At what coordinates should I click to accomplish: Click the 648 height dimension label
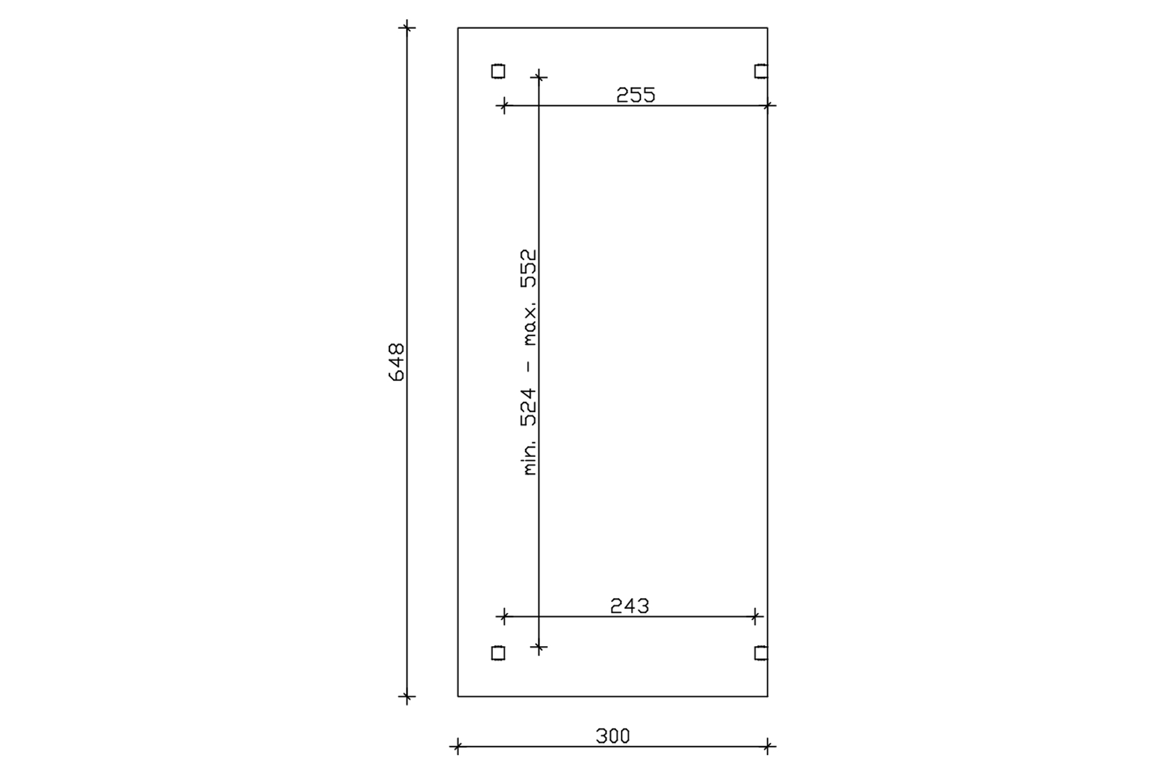pyautogui.click(x=396, y=362)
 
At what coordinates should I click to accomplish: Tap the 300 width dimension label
pyautogui.click(x=613, y=737)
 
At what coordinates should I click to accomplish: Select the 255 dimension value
pyautogui.click(x=635, y=95)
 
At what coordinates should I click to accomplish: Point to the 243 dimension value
pyautogui.click(x=630, y=606)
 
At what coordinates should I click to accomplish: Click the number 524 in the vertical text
pyautogui.click(x=529, y=407)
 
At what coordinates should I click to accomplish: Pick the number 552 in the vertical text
pyautogui.click(x=529, y=268)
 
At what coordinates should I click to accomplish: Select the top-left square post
pyautogui.click(x=498, y=71)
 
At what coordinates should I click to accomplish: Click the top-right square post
pyautogui.click(x=761, y=71)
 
